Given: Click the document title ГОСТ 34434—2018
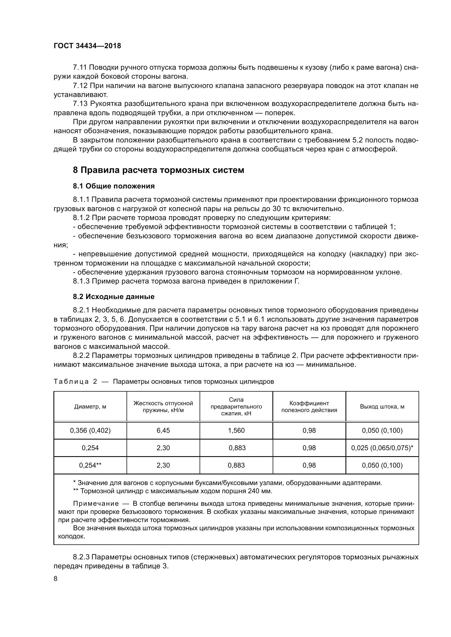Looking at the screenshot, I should (x=87, y=46).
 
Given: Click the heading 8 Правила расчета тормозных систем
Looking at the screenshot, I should (x=158, y=170).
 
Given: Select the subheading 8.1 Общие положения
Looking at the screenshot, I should (x=114, y=186).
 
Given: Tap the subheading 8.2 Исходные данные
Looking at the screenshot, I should (x=114, y=297).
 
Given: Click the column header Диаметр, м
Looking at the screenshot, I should (x=90, y=407).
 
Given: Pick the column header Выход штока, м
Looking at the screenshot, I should (x=382, y=407).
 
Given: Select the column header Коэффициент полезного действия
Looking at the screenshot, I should (x=309, y=407).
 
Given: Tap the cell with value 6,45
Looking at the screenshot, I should (x=163, y=431).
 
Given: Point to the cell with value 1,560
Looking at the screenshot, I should (x=236, y=431).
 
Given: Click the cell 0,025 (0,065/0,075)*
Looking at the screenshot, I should (x=382, y=448).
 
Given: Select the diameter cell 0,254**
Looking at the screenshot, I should (x=90, y=465).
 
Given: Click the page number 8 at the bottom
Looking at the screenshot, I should (x=56, y=579).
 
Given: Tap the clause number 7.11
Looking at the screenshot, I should (x=80, y=68).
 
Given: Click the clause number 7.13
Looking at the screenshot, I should (x=80, y=104).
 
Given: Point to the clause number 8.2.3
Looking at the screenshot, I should (x=81, y=557).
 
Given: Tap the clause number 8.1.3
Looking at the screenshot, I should (x=81, y=281).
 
